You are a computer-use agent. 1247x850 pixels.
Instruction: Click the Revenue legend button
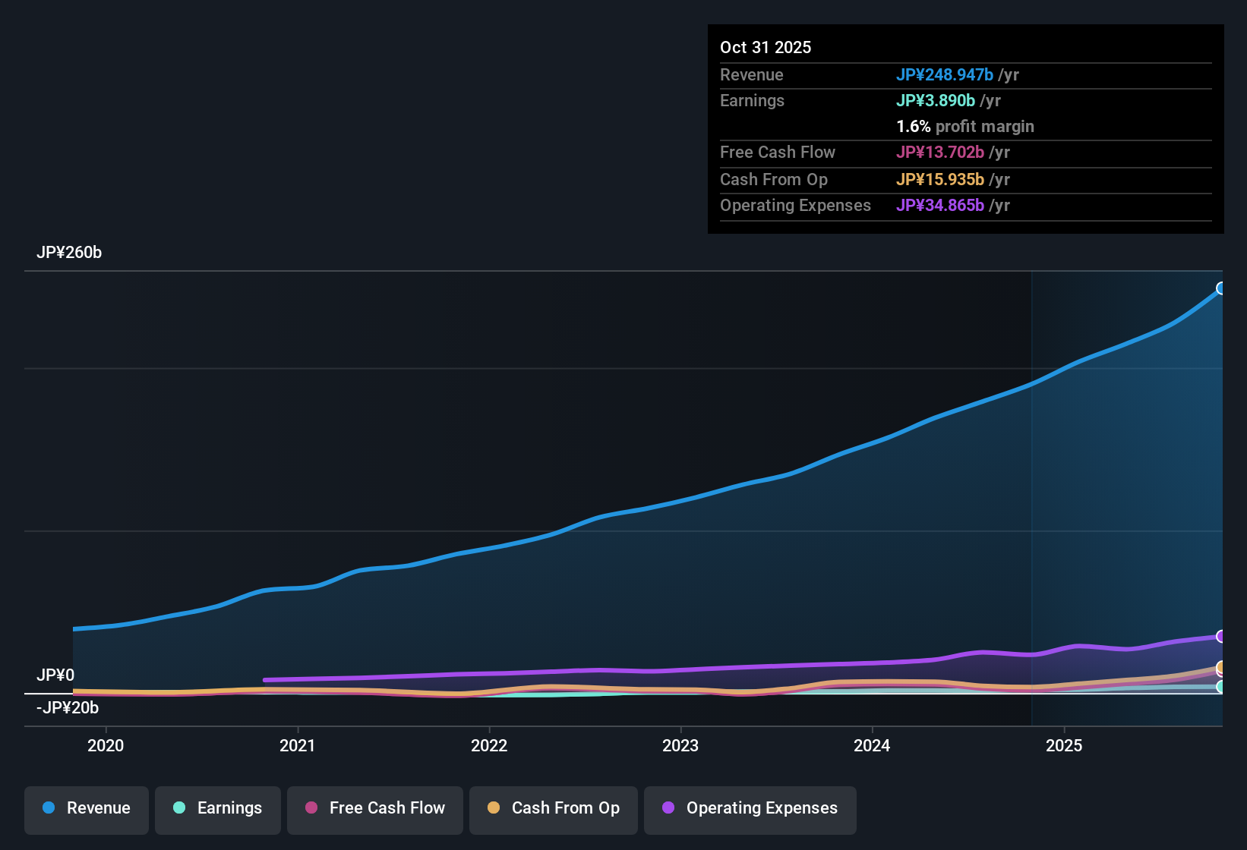point(87,808)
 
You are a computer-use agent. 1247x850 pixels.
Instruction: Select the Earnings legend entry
point(218,808)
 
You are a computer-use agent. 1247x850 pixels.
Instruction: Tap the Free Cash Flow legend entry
point(375,808)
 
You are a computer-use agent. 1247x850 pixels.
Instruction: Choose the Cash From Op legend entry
point(554,808)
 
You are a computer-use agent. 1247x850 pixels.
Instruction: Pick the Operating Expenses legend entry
point(750,808)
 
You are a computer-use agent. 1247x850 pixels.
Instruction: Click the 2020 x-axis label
point(106,745)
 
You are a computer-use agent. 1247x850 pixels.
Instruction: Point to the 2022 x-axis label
point(489,745)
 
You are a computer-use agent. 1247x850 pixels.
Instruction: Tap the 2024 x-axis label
point(872,745)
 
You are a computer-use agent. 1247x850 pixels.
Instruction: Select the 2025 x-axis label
point(1064,745)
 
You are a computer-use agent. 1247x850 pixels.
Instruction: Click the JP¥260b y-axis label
point(69,253)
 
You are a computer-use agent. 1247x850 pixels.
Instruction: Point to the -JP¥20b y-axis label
point(68,708)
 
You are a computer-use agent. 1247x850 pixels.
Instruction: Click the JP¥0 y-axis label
point(55,675)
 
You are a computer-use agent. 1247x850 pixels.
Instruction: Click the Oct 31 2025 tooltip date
point(766,47)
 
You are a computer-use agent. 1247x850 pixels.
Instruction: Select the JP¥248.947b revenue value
point(945,74)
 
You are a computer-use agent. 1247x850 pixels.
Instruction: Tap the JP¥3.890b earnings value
point(936,100)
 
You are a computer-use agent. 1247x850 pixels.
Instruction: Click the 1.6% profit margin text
point(965,127)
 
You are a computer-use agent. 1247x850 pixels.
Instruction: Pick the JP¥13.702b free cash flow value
point(940,152)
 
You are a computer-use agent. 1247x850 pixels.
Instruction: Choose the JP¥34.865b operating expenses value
point(940,205)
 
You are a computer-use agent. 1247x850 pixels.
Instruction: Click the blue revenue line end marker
point(1221,288)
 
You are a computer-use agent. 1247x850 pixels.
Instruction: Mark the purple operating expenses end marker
point(1221,636)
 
